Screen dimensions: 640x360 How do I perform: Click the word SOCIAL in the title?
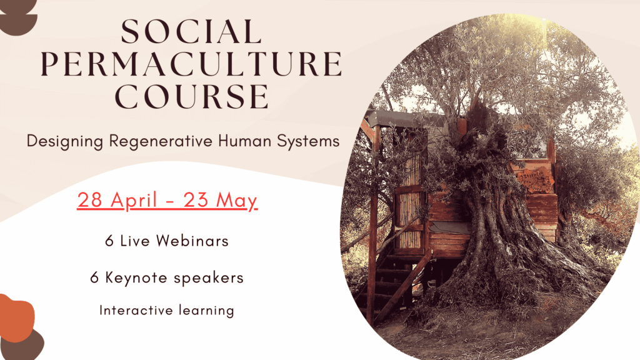point(191,31)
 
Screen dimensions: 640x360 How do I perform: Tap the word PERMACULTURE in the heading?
point(191,64)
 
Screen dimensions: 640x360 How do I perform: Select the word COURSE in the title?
point(191,96)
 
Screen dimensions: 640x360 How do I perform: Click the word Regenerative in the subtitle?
point(161,142)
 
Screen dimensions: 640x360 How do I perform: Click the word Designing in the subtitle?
point(65,142)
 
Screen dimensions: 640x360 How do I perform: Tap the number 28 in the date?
point(90,200)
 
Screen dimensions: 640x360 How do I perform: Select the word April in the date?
point(134,201)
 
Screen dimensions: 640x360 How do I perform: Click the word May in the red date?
point(236,201)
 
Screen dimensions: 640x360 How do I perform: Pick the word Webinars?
point(192,241)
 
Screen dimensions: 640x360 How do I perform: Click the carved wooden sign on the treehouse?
point(536,179)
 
